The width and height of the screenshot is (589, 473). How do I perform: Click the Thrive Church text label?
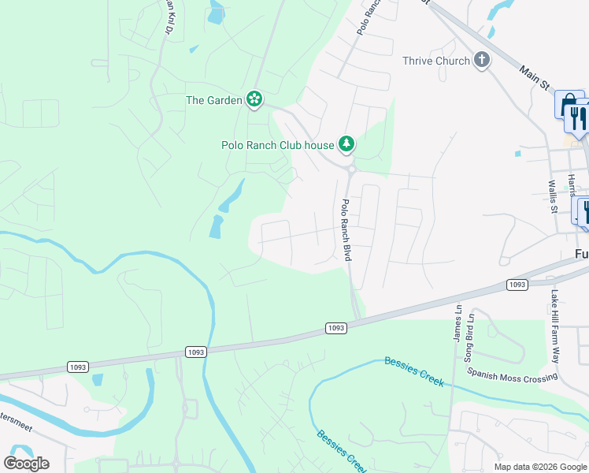(x=435, y=61)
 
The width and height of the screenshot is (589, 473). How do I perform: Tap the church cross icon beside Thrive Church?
(x=483, y=61)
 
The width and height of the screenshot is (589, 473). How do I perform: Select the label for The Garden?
(x=213, y=100)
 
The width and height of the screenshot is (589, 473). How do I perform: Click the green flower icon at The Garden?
(x=254, y=99)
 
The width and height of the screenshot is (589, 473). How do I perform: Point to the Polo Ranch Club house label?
(x=276, y=145)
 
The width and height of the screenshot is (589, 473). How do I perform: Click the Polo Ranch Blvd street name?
(x=345, y=229)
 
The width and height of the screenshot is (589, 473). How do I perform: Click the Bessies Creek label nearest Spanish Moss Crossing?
(x=413, y=371)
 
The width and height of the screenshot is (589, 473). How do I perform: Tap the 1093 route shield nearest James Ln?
(x=517, y=284)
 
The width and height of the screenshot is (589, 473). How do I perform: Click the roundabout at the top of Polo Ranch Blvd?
(x=350, y=168)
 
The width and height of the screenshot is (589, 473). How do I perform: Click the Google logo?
(x=26, y=464)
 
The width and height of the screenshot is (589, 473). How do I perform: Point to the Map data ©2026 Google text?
(x=539, y=467)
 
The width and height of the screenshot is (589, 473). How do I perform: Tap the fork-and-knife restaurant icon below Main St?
(x=577, y=119)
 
